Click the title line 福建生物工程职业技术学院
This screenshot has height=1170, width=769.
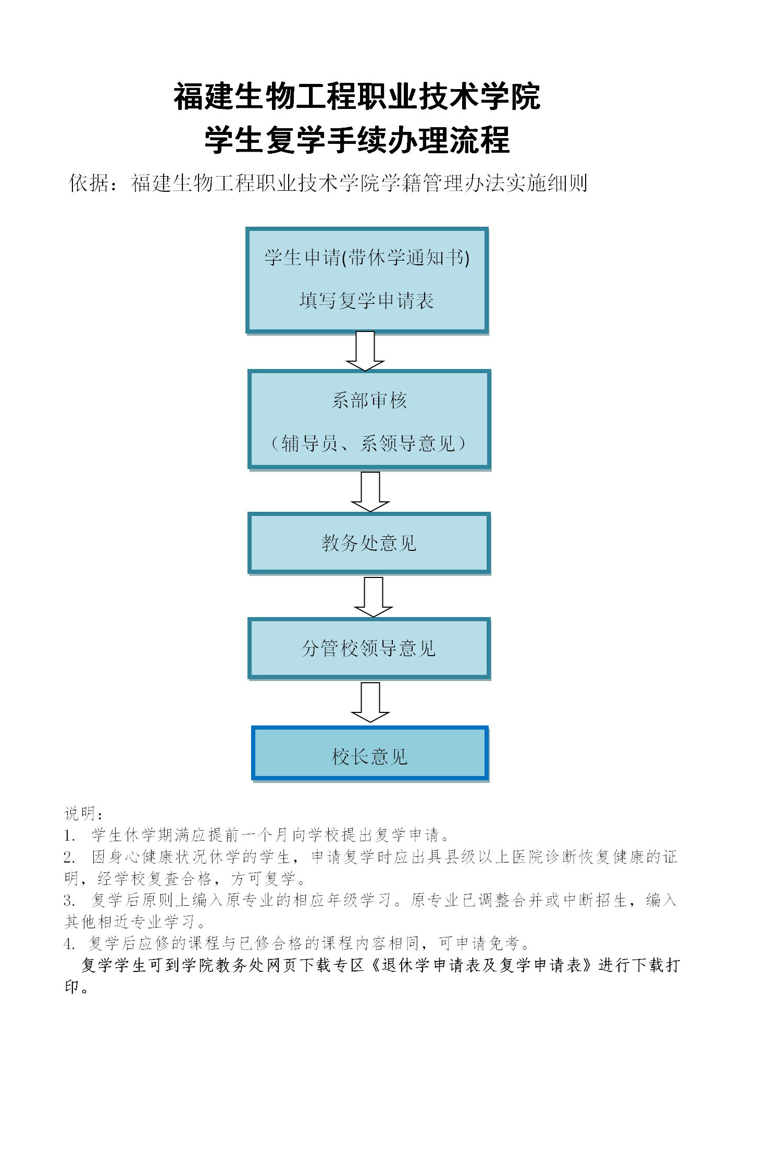pyautogui.click(x=357, y=97)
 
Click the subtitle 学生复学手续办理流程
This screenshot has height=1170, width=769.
pyautogui.click(x=357, y=140)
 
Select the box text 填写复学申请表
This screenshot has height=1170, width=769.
pyautogui.click(x=367, y=301)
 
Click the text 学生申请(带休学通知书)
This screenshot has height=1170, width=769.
pyautogui.click(x=367, y=257)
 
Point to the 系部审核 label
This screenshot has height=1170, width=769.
pyautogui.click(x=369, y=400)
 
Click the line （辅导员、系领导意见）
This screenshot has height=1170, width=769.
pyautogui.click(x=369, y=444)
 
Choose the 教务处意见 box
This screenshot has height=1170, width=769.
pyautogui.click(x=369, y=544)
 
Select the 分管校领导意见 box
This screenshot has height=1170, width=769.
pyautogui.click(x=369, y=648)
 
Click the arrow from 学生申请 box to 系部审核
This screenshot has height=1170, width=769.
pyautogui.click(x=365, y=351)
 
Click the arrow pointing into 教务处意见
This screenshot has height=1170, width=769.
pyautogui.click(x=370, y=492)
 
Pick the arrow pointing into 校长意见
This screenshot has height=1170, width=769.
pyautogui.click(x=370, y=703)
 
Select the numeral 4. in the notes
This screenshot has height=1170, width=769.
pyautogui.click(x=70, y=943)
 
